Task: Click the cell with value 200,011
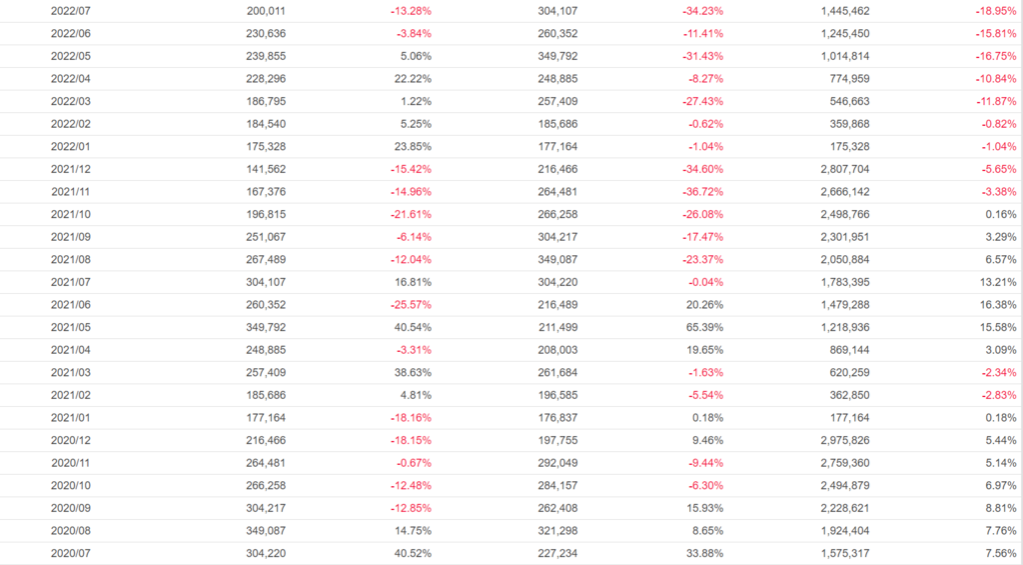click(x=266, y=11)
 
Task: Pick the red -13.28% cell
click(x=411, y=11)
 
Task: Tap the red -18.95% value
click(x=996, y=11)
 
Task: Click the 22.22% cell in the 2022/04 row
click(x=413, y=79)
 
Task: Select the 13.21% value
click(x=997, y=281)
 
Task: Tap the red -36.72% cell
click(x=702, y=191)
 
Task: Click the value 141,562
click(x=266, y=169)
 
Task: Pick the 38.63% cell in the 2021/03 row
click(x=413, y=371)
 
